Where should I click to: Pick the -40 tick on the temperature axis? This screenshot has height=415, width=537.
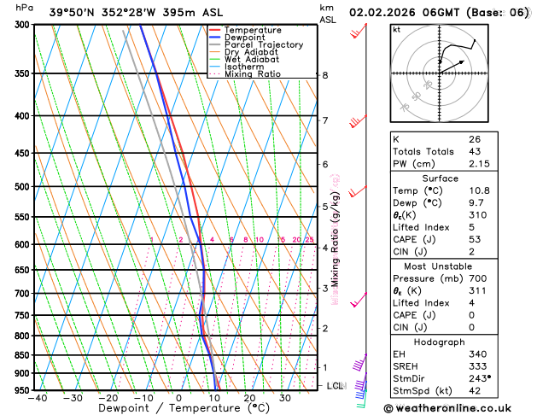click(37, 397)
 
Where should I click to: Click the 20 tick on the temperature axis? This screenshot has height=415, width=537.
click(250, 397)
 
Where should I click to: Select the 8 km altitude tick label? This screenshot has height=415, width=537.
click(325, 75)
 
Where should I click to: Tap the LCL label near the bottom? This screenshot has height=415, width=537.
click(336, 386)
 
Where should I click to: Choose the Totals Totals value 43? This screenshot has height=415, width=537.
click(474, 151)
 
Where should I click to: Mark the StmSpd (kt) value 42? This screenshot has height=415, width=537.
click(474, 391)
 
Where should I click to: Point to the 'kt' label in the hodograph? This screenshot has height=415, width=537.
click(396, 29)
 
